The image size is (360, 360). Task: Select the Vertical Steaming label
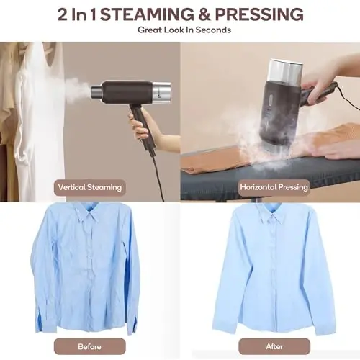click(x=90, y=187)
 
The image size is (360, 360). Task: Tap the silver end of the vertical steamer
click(x=162, y=91)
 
